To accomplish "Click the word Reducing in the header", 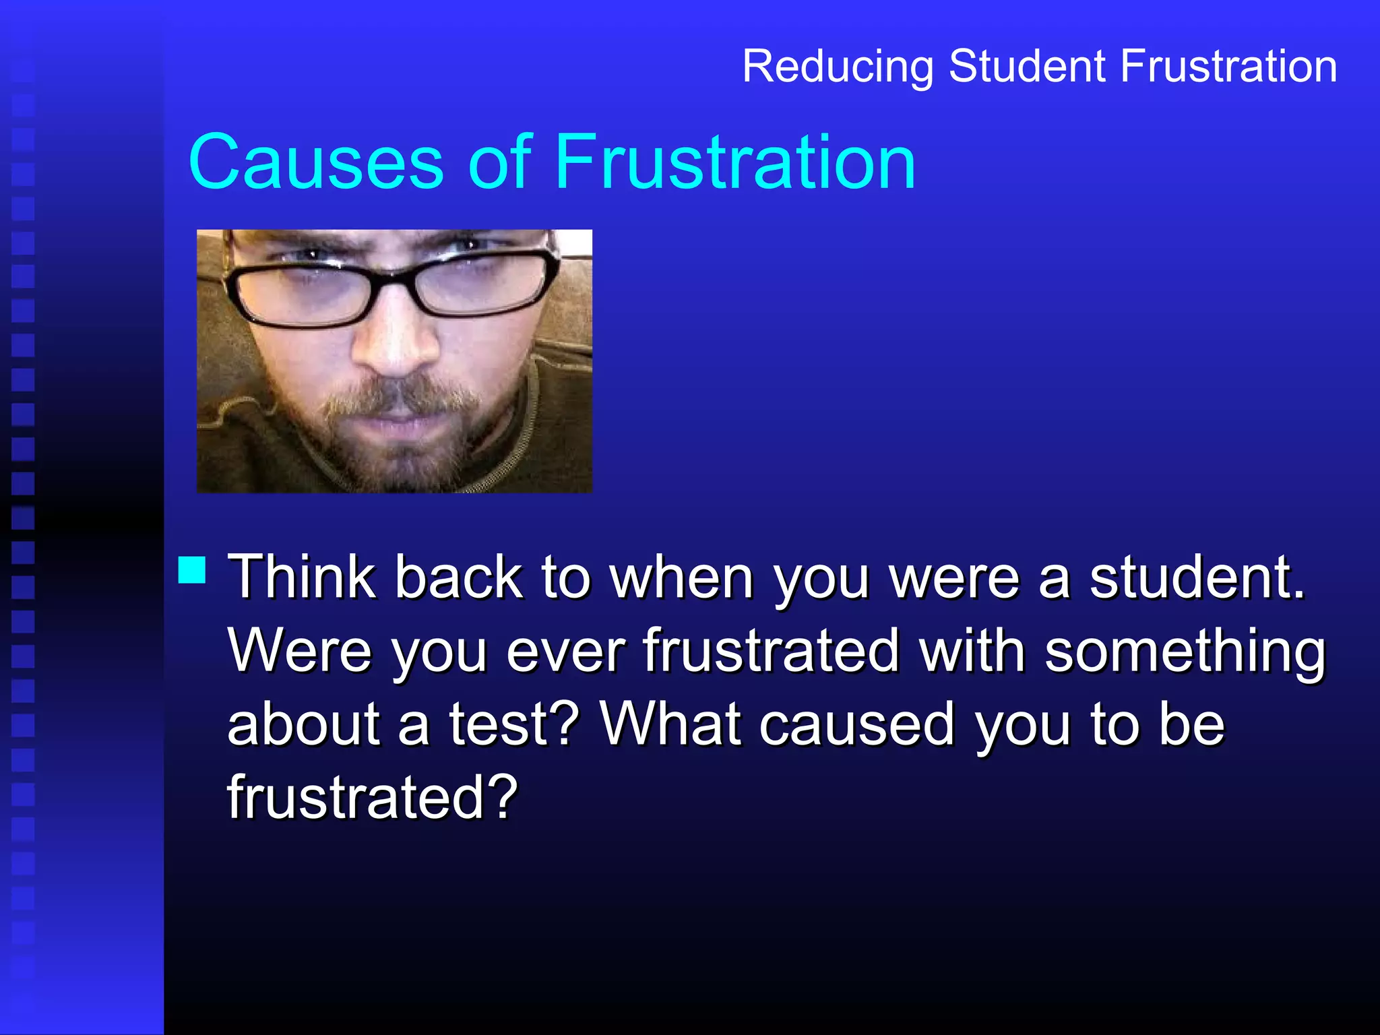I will click(837, 67).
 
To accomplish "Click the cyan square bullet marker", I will click(192, 569).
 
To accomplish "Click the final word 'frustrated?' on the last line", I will click(373, 798).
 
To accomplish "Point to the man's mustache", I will click(398, 398).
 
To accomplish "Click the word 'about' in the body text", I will click(304, 725).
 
